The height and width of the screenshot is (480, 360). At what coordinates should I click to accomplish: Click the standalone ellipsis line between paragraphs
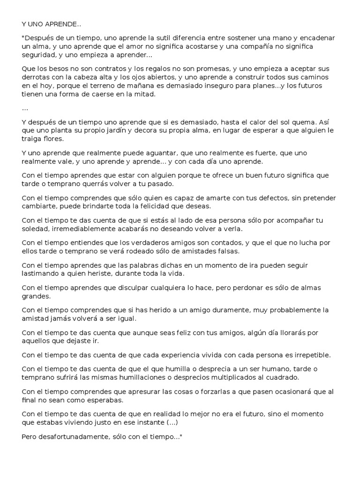click(25, 108)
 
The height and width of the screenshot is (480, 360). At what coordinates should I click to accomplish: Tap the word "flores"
click(57, 139)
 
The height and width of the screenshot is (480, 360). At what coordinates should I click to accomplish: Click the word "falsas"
click(228, 251)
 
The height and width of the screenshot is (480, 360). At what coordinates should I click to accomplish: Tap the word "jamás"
click(61, 319)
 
